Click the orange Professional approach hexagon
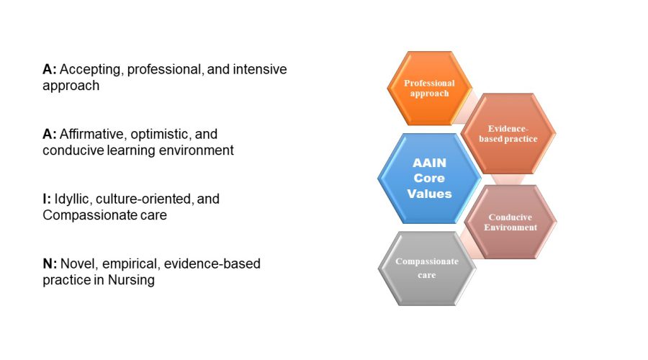click(x=429, y=88)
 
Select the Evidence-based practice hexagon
click(x=508, y=133)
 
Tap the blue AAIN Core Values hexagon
click(x=429, y=178)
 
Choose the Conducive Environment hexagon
click(x=510, y=222)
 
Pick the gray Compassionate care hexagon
click(x=427, y=269)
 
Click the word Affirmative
click(x=91, y=134)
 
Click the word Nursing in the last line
click(x=131, y=280)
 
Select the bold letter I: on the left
click(x=47, y=199)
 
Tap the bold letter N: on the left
click(x=50, y=264)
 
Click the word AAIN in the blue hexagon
click(x=429, y=163)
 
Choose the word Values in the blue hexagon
click(x=429, y=194)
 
